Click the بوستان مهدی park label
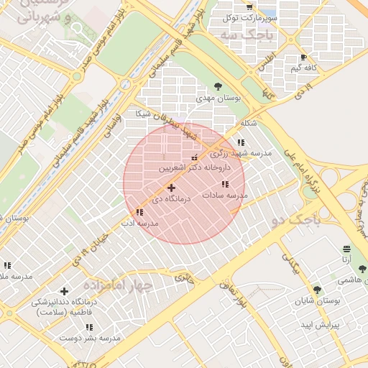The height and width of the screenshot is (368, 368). coord(222,98)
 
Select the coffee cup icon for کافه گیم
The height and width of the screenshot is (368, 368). coord(303,57)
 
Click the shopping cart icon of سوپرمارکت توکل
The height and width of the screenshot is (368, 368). coord(269,6)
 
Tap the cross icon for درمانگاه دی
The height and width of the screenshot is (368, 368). coord(171,188)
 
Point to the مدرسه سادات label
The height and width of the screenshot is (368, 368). coord(224,195)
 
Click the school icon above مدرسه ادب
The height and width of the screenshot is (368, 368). coord(139,212)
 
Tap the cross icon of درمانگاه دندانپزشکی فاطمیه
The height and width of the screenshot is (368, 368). coord(65,291)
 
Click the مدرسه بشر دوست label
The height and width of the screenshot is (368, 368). coord(89,337)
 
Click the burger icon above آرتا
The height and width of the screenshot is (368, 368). coord(347,248)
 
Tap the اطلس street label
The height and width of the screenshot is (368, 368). coord(267,56)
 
